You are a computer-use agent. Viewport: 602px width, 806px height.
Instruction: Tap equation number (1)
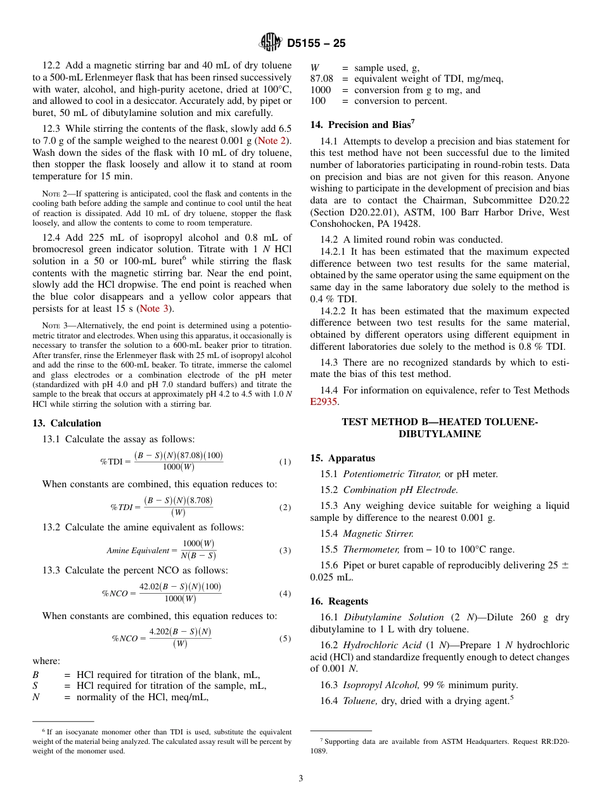pos(285,462)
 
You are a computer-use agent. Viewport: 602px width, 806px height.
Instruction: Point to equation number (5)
pos(285,639)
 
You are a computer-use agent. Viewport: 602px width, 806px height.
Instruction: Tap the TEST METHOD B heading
pos(439,428)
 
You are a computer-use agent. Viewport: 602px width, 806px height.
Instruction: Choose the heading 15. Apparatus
pos(342,458)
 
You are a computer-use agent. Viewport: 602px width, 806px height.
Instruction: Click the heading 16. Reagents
pos(339,601)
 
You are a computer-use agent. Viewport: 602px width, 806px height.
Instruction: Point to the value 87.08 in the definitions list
pos(321,79)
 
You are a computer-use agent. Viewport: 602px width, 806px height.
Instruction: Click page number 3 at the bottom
pos(300,778)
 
